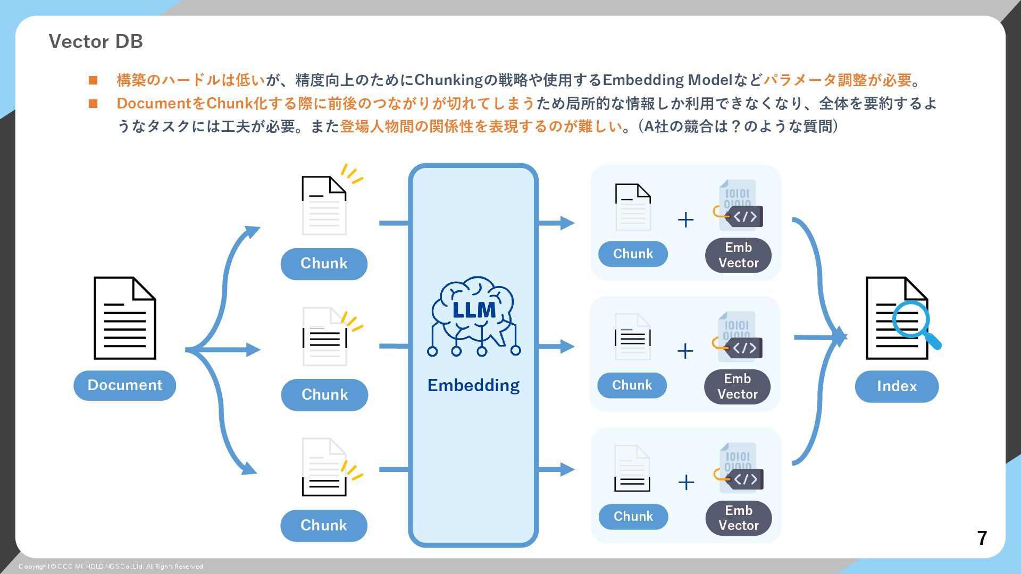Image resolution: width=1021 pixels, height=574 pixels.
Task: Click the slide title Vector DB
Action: coord(96,41)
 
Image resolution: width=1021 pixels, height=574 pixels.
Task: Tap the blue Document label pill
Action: coord(124,385)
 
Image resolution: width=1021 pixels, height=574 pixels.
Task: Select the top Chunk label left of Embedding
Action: coord(324,264)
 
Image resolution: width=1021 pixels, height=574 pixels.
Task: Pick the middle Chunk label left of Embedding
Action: coord(324,395)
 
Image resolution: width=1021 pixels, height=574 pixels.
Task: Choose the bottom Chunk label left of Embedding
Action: coord(324,526)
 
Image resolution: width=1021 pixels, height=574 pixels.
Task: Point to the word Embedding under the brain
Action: coord(473,385)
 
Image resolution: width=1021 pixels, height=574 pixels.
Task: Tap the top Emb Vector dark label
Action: coord(738,255)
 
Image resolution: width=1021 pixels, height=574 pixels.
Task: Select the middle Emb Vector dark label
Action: coord(737,386)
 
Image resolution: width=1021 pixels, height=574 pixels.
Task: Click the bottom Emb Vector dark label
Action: coord(738,518)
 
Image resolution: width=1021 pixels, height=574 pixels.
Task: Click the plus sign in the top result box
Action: coord(686,220)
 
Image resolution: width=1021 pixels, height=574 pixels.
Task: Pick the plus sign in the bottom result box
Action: coord(686,482)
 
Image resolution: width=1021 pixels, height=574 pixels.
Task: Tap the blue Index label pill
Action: coord(897,386)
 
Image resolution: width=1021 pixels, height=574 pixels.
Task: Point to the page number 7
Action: coord(982,538)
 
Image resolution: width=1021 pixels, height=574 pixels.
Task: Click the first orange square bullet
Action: coord(93,80)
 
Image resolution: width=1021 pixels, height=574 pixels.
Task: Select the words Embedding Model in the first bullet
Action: coord(667,80)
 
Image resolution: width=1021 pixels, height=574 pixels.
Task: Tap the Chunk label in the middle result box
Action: coord(632,385)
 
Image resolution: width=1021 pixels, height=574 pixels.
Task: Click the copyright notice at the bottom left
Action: coord(111,567)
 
